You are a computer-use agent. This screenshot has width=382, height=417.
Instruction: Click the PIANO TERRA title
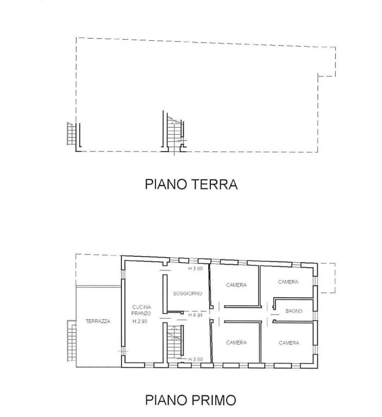tap(191, 184)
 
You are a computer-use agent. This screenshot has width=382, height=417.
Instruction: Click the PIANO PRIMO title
tap(191, 400)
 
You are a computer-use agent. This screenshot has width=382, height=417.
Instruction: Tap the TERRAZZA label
tap(98, 321)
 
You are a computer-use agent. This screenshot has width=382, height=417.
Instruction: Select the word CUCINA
tap(141, 307)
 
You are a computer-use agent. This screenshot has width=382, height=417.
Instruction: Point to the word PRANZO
tap(141, 313)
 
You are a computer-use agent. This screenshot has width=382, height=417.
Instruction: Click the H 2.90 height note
tap(140, 321)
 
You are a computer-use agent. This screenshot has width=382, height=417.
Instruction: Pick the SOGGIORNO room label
tap(187, 294)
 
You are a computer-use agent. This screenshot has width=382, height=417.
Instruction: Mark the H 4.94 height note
tap(196, 315)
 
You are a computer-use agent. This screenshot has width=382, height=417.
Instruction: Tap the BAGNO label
tap(294, 311)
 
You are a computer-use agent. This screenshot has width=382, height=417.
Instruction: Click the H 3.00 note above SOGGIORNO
tap(196, 269)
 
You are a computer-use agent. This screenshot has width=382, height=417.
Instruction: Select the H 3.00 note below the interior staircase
tap(196, 359)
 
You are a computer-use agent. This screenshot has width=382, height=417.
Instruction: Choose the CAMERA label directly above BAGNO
tap(288, 282)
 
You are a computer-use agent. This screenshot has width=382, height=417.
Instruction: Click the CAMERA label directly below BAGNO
tap(289, 343)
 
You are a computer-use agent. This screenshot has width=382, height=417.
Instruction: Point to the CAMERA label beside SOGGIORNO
tap(236, 285)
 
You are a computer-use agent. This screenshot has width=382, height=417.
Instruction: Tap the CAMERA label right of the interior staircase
tap(236, 343)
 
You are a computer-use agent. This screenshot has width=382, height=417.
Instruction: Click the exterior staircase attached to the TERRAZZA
tap(72, 340)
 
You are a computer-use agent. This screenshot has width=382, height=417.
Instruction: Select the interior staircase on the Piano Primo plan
tap(174, 342)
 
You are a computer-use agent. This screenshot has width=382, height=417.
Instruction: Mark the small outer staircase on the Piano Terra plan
tap(72, 134)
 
